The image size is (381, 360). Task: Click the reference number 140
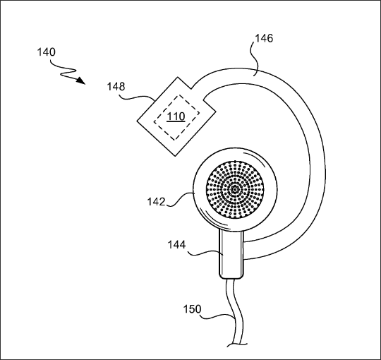46,52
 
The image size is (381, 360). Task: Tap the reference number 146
264,38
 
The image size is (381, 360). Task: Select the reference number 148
116,87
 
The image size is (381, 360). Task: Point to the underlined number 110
176,116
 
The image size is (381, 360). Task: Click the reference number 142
157,202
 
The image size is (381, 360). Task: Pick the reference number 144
176,245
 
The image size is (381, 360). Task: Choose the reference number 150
192,309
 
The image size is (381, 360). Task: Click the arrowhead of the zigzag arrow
81,80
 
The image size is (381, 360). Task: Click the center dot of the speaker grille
235,189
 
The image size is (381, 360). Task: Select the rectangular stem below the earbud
231,253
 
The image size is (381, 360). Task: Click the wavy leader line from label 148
136,97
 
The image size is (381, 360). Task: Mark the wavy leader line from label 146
254,59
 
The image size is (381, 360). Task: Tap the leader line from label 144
206,253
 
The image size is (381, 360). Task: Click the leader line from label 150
218,317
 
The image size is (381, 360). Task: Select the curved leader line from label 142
180,199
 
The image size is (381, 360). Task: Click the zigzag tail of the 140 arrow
64,71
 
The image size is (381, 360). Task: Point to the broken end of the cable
237,344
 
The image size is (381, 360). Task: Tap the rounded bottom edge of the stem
231,278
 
